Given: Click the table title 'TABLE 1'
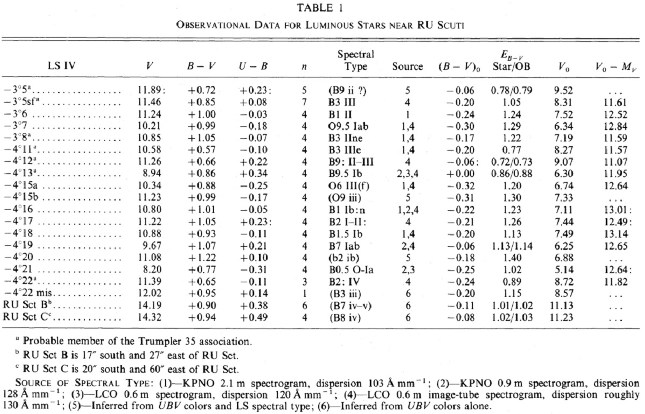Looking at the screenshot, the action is [x=320, y=8].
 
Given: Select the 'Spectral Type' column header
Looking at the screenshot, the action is [x=356, y=60].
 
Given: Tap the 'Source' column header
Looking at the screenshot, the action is [x=407, y=67].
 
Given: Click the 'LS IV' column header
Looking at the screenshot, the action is [x=61, y=66].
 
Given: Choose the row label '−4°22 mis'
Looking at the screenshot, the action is [x=27, y=292].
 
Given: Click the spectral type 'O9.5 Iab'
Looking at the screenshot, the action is [x=348, y=126].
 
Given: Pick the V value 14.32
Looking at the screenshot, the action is [x=149, y=317].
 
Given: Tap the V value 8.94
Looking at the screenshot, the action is [x=152, y=173].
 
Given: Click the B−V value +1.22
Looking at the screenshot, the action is [x=202, y=258].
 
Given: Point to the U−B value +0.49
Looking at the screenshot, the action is [x=254, y=317].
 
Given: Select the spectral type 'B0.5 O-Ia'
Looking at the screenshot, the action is [x=350, y=270].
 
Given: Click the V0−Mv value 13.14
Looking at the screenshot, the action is [x=615, y=234].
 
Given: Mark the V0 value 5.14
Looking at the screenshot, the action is [x=564, y=270].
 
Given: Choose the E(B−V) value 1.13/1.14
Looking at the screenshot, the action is [x=512, y=246].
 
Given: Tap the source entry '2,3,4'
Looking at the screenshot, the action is [x=407, y=174].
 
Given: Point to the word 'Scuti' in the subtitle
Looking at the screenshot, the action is [x=450, y=25].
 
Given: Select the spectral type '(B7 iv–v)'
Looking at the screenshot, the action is [x=350, y=305].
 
